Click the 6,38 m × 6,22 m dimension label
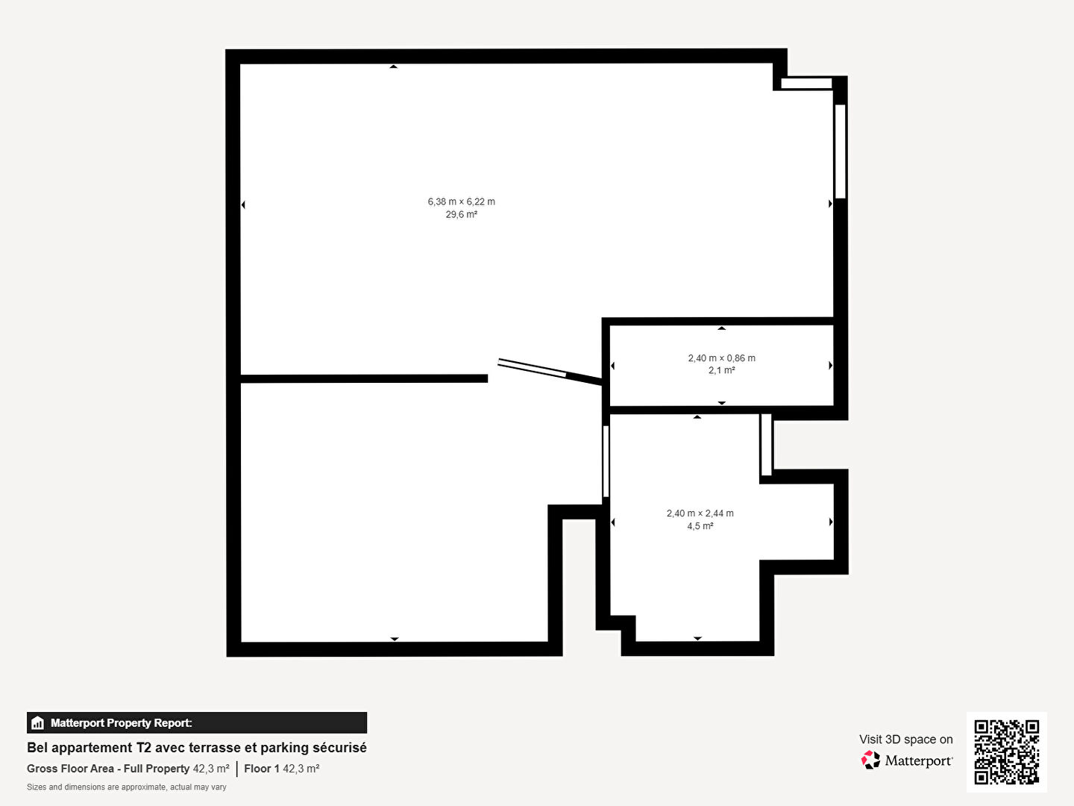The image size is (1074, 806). [x=462, y=201]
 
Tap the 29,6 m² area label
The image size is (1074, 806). [x=462, y=214]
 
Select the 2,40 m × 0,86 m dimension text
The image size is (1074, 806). [x=722, y=357]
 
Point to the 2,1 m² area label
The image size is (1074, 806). [x=722, y=370]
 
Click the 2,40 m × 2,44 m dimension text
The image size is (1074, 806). [x=700, y=513]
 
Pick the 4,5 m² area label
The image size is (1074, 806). [x=700, y=525]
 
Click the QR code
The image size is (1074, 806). [x=1006, y=752]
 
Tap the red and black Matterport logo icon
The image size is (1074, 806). [x=870, y=760]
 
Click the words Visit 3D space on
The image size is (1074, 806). [x=905, y=739]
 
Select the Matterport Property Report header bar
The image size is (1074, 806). [x=197, y=722]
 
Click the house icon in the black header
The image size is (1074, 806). [x=38, y=723]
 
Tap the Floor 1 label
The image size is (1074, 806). [x=262, y=769]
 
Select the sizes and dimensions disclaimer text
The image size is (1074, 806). [x=126, y=787]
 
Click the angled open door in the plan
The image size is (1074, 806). [x=550, y=372]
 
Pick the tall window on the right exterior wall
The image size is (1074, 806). [x=840, y=151]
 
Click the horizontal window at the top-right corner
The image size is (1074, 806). [x=806, y=83]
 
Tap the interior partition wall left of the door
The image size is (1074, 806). [x=364, y=379]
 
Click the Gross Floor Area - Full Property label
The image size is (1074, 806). [x=108, y=769]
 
